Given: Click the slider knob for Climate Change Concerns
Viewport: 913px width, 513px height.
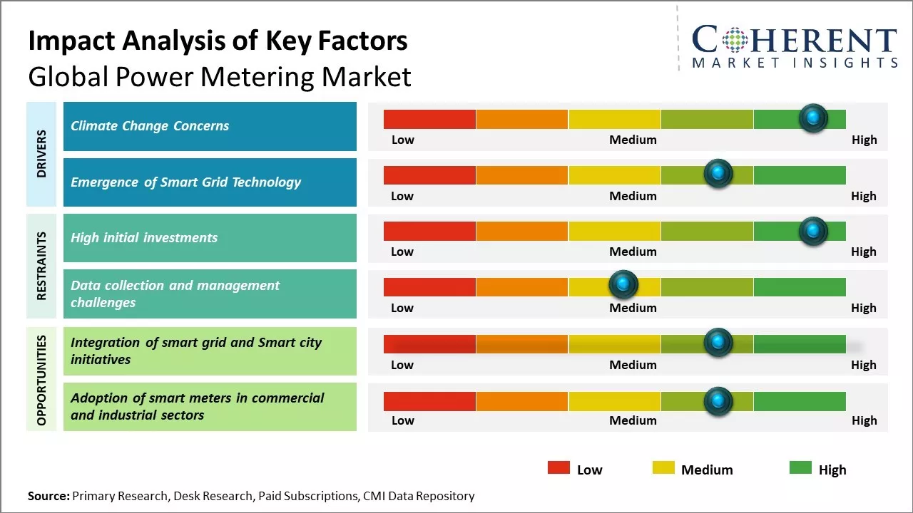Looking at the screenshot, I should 812,118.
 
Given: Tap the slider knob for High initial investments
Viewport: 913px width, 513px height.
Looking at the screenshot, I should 812,231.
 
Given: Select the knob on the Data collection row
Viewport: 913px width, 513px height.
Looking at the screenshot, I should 623,285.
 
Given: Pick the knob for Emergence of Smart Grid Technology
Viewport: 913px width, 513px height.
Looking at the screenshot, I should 718,174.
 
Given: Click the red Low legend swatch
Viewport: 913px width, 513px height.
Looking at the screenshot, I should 558,468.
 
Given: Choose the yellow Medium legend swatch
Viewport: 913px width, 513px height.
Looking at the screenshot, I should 663,468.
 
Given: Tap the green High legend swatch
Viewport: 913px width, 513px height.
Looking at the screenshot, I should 800,468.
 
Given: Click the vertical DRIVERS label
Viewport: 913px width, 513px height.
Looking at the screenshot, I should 41,153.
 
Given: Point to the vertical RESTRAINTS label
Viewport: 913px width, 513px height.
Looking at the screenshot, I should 41,265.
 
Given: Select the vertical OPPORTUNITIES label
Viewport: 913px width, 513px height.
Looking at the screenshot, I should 41,380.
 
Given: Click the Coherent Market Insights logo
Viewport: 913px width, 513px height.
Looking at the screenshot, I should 795,46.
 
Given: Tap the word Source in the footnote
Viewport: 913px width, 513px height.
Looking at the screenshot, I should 48,496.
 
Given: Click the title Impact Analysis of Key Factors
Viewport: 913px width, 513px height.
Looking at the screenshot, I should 218,41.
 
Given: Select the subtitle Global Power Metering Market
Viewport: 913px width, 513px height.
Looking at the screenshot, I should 220,76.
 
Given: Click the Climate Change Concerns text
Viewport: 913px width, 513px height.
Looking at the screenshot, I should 150,126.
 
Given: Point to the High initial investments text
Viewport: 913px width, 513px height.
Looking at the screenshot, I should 144,238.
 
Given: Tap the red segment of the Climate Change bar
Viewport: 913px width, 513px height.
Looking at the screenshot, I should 429,119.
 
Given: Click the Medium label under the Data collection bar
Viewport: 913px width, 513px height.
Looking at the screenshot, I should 633,308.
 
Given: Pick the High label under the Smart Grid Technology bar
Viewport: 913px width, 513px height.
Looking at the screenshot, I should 863,196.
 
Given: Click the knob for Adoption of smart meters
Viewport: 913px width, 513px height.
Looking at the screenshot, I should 718,401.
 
